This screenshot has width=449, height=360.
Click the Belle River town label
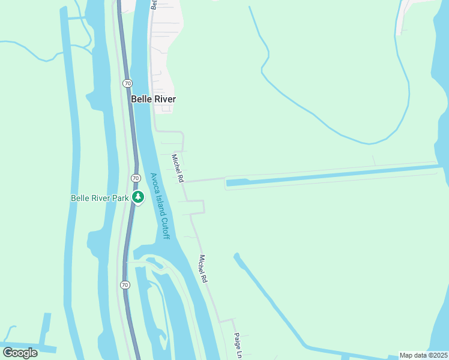click(153, 99)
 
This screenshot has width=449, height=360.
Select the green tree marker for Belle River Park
click(138, 197)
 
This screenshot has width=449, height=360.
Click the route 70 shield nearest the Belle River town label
click(127, 82)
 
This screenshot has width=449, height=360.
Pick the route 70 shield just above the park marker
click(136, 178)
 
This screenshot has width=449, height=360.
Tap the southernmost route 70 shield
click(124, 284)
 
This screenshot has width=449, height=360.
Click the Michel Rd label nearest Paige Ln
click(203, 269)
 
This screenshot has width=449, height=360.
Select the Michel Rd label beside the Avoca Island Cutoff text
click(177, 168)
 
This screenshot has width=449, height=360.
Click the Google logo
click(20, 352)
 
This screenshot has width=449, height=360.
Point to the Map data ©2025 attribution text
click(423, 355)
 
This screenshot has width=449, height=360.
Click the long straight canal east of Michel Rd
click(336, 175)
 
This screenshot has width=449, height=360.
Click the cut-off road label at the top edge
click(154, 4)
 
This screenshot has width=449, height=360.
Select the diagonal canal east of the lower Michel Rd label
click(270, 300)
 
